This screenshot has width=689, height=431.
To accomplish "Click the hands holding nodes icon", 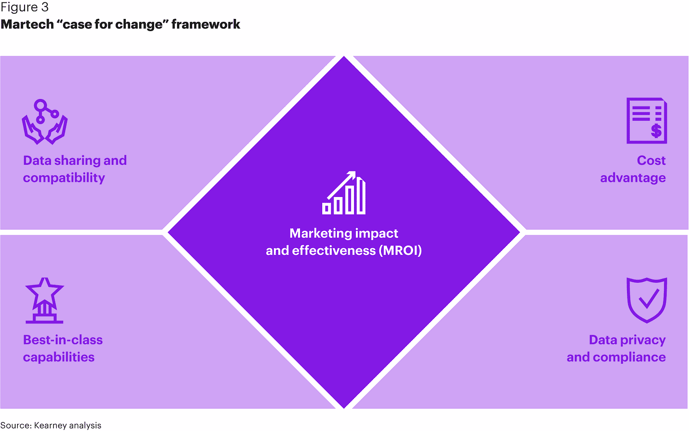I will [x=45, y=122].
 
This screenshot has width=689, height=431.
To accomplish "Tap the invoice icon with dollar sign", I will [x=646, y=120].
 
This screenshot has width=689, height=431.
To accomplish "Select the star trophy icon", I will [x=44, y=300].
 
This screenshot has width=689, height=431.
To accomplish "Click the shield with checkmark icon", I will [x=646, y=300].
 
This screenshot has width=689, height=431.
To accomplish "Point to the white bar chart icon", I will [x=344, y=193].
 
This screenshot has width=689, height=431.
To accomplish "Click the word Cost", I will [x=651, y=161].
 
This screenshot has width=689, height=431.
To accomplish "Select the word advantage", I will [x=633, y=178].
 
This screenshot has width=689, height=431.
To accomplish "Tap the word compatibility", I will [x=64, y=178].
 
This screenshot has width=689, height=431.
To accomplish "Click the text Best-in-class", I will [x=63, y=340].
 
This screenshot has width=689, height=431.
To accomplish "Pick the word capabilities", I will [x=59, y=357].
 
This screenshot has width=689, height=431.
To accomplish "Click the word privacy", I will [x=643, y=340].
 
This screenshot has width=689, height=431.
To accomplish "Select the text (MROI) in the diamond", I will [x=400, y=251].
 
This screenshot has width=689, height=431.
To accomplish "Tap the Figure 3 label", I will [x=25, y=8].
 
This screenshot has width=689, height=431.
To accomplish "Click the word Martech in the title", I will [x=27, y=25].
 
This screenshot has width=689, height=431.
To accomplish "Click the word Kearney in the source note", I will [x=51, y=425].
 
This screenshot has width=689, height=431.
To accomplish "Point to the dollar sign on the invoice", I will [x=656, y=131].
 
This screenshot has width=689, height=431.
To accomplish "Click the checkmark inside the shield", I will [x=648, y=298].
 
